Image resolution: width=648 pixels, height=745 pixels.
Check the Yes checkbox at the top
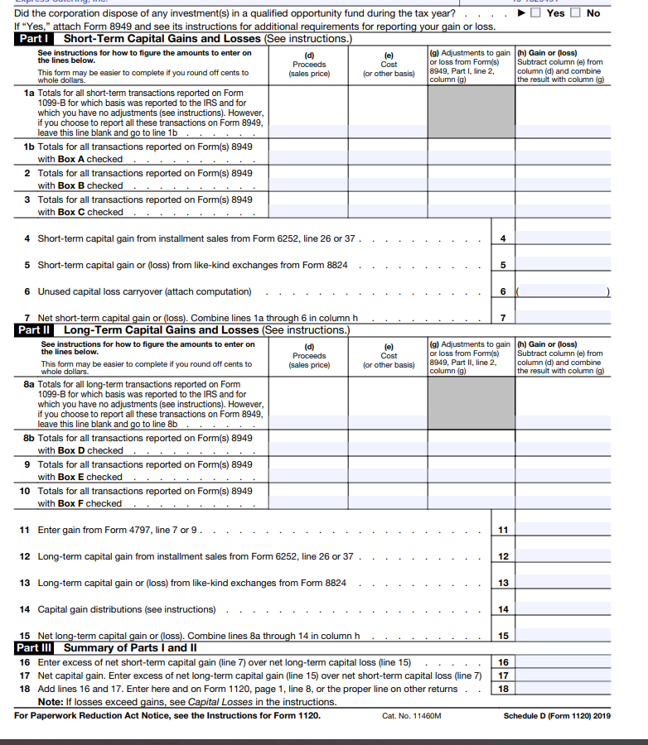pos(535,13)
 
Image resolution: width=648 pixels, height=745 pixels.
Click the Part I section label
pos(36,39)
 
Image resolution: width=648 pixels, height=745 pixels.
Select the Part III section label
pos(38,648)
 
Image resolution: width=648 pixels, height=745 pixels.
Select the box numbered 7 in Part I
pos(502,318)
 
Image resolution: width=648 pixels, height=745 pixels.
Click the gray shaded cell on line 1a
pos(471,112)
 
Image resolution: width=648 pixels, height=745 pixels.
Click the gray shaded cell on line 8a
pos(471,403)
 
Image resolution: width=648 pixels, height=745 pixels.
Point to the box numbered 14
pos(502,609)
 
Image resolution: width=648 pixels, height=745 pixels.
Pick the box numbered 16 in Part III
pos(502,662)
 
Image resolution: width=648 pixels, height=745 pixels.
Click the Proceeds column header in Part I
pos(309,65)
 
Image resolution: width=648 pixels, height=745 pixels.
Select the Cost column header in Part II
pos(389,356)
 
